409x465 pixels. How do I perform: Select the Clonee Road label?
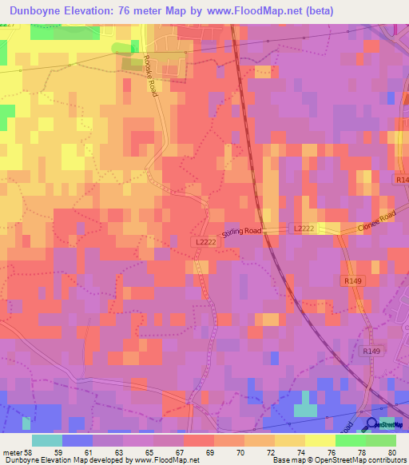[x=376, y=221]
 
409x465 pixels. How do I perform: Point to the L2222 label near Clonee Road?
[x=304, y=229]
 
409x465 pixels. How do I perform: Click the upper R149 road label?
[x=354, y=280]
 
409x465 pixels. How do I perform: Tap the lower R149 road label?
[x=371, y=351]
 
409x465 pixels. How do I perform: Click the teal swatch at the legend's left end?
[x=47, y=440]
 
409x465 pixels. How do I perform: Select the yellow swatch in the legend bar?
[x=320, y=440]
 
